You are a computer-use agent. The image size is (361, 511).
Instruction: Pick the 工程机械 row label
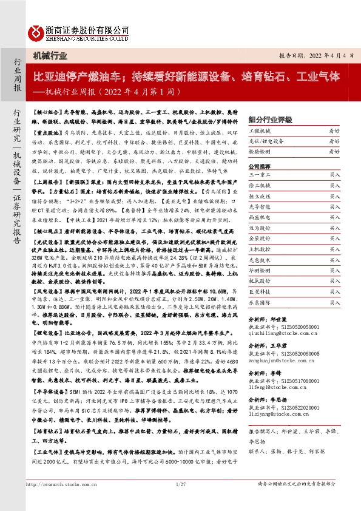point(258,130)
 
